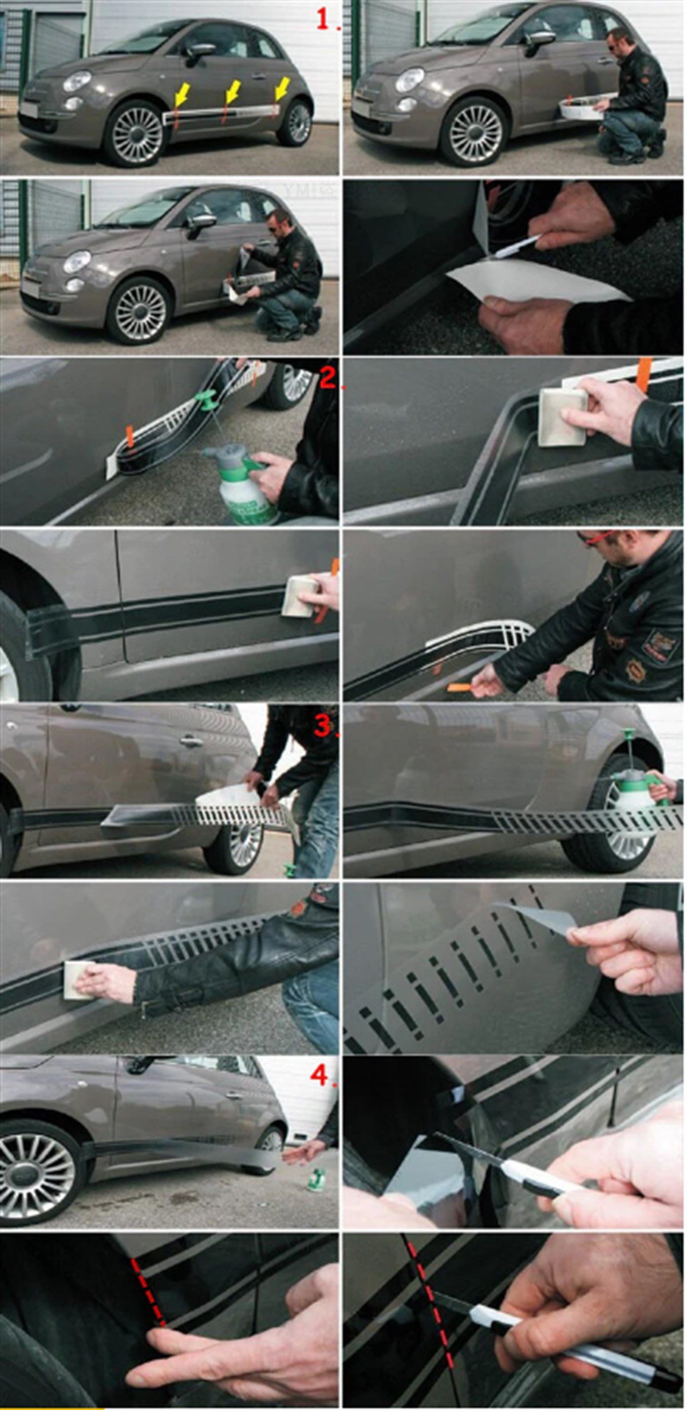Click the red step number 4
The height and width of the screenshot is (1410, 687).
[320, 1075]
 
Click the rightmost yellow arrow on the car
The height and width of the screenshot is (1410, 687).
[282, 90]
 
